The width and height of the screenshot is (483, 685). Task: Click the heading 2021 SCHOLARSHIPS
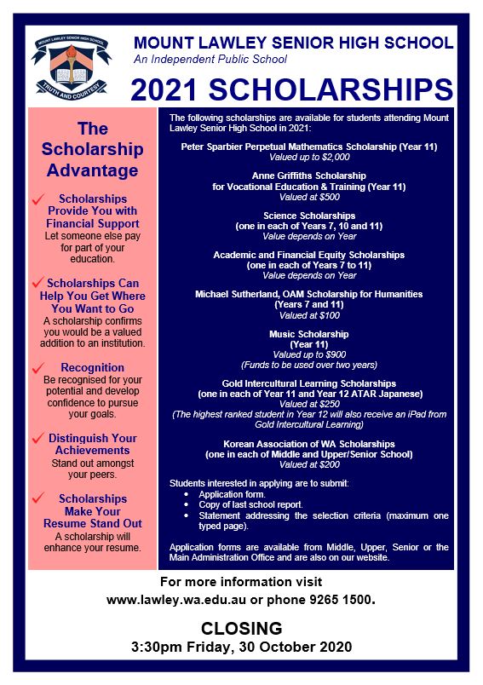click(293, 90)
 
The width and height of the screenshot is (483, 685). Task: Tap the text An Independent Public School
click(210, 60)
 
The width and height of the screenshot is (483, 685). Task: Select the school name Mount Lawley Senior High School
click(293, 42)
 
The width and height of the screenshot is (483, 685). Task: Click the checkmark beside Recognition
click(36, 368)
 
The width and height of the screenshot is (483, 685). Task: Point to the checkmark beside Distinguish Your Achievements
click(36, 438)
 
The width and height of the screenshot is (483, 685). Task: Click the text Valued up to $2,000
click(309, 158)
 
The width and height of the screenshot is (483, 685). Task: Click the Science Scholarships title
click(309, 215)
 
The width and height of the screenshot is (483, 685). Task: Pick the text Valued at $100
click(309, 315)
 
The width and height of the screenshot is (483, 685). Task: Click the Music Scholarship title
click(309, 334)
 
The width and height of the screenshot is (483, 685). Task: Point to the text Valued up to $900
click(309, 354)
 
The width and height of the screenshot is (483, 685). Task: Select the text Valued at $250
click(309, 405)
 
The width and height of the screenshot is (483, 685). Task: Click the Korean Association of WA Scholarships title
click(309, 444)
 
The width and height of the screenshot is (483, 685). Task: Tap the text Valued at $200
click(309, 465)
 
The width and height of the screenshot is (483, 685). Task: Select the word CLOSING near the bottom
click(241, 629)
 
